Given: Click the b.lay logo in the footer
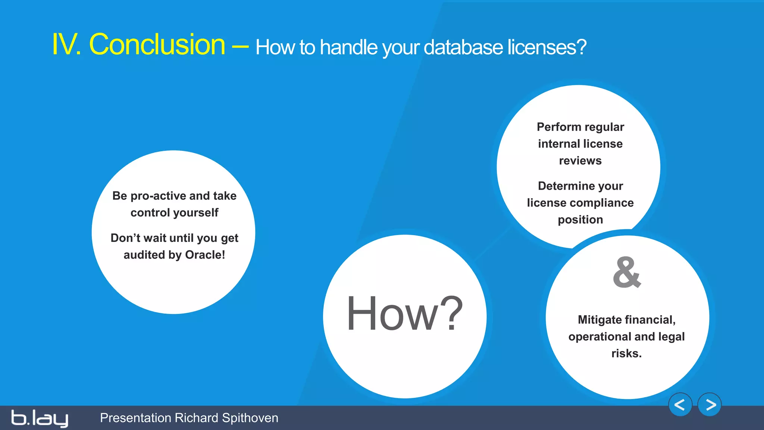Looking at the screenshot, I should pyautogui.click(x=40, y=418).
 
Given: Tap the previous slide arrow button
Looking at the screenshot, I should pyautogui.click(x=680, y=405).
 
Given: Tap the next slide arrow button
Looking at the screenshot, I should pyautogui.click(x=710, y=405).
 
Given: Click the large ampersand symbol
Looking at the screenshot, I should pyautogui.click(x=627, y=272).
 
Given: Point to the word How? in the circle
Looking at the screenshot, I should pyautogui.click(x=405, y=314).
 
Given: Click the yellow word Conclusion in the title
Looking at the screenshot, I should pyautogui.click(x=157, y=44).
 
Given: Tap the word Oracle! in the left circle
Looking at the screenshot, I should pyautogui.click(x=205, y=255).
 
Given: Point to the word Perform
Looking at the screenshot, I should pyautogui.click(x=554, y=127).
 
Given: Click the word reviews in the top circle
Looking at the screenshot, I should pyautogui.click(x=580, y=161).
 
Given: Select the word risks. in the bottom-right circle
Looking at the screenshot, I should pyautogui.click(x=626, y=353).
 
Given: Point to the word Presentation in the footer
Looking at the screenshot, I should pyautogui.click(x=135, y=418).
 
